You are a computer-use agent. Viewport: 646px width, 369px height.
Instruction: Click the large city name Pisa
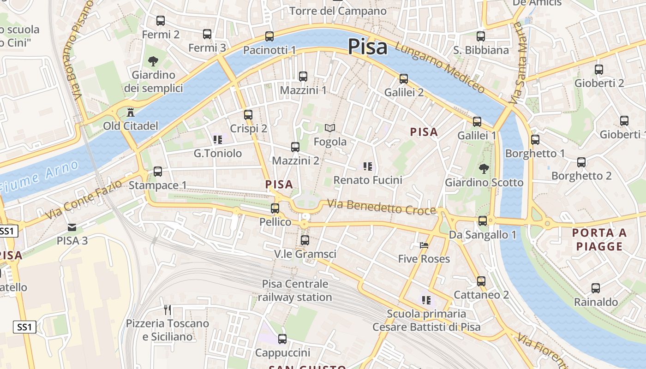367,47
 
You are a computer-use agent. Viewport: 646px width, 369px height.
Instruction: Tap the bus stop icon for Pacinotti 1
269,36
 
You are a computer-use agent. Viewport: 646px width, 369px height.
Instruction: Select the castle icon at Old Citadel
130,112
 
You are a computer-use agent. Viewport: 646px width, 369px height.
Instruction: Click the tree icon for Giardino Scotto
484,169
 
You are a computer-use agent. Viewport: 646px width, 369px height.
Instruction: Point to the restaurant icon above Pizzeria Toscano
167,309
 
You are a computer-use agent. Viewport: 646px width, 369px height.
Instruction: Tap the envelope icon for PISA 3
72,227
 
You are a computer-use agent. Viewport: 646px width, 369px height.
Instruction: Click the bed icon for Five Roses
424,245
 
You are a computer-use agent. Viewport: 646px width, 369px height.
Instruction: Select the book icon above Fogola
330,128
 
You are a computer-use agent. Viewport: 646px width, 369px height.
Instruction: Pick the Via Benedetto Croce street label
381,207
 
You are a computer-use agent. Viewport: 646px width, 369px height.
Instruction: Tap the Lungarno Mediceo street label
439,68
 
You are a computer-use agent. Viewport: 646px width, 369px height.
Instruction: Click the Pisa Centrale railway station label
295,291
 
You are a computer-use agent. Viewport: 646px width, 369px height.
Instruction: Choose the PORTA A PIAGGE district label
599,239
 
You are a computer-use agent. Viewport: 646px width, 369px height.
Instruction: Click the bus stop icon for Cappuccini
282,339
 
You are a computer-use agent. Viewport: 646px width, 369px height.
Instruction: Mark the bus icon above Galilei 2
404,79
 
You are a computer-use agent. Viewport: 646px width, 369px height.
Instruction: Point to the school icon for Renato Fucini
368,167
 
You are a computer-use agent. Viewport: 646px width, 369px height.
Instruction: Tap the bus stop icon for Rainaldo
596,288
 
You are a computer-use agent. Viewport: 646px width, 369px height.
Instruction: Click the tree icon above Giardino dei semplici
153,61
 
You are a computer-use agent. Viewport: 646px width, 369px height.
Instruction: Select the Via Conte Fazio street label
84,199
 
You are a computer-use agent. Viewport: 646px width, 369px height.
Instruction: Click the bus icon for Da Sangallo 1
483,221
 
